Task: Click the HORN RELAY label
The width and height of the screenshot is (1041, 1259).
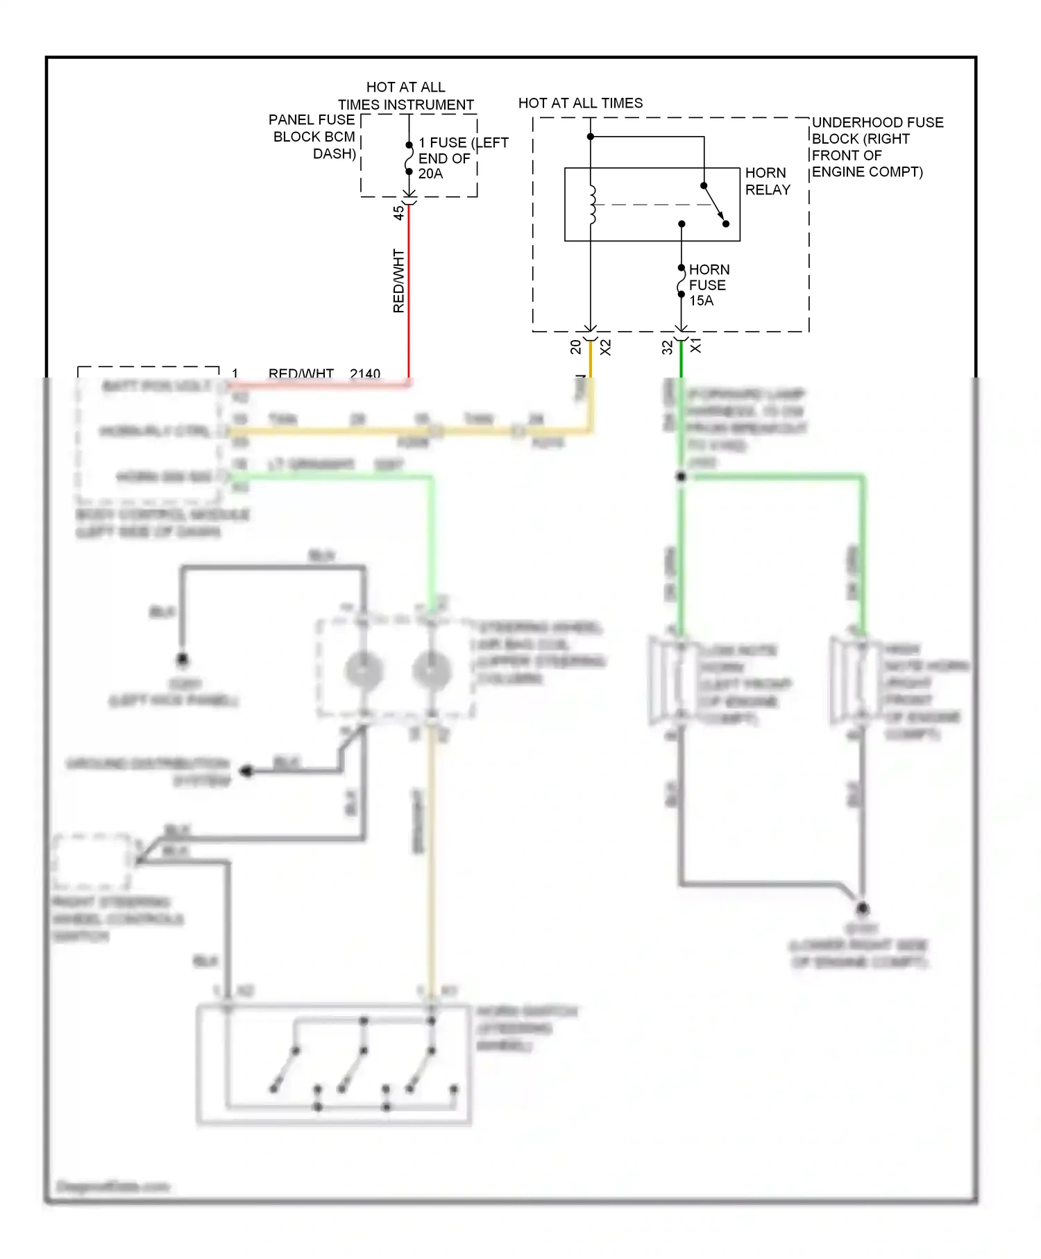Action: [x=768, y=181]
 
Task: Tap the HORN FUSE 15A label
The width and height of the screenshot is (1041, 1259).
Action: [x=708, y=285]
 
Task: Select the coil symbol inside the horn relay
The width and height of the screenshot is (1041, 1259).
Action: [x=592, y=205]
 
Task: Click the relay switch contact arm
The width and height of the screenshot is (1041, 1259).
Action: [x=715, y=205]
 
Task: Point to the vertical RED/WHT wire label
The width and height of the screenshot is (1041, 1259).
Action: [x=398, y=280]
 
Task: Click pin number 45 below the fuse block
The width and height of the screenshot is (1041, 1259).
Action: [x=398, y=212]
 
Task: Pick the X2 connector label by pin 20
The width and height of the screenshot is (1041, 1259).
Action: [x=605, y=347]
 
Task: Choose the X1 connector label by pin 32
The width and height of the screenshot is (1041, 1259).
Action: [x=696, y=346]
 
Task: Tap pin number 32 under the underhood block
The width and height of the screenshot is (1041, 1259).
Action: [x=667, y=347]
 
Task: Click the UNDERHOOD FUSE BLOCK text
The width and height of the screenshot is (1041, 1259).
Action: [x=877, y=147]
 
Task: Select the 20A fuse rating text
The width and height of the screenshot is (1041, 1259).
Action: [x=430, y=174]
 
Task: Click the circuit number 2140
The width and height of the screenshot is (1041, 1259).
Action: [x=365, y=373]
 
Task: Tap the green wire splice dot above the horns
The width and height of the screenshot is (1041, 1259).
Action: [x=681, y=477]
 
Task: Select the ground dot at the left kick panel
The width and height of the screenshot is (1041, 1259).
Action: [x=183, y=659]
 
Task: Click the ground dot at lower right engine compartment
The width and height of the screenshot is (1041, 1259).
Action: [x=862, y=909]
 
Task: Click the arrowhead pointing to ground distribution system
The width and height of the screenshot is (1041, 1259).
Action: [x=246, y=771]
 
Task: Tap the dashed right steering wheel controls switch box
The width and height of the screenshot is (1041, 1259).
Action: [x=92, y=861]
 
